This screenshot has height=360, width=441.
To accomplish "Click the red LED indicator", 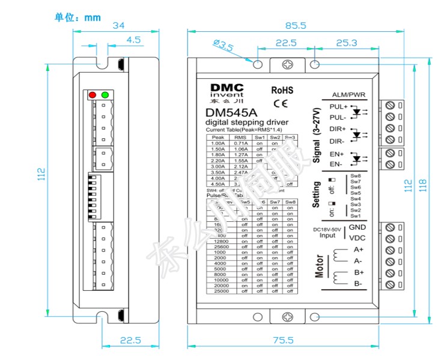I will click(93, 94).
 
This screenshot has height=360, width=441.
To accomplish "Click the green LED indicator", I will click(105, 94).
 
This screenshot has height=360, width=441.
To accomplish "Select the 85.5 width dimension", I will click(296, 25).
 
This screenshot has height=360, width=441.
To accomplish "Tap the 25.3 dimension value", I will click(347, 43).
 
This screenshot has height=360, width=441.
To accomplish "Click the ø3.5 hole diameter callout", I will click(223, 45).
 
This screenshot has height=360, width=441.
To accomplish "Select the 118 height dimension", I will click(422, 182).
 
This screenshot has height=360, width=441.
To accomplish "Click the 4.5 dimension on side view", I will click(133, 40).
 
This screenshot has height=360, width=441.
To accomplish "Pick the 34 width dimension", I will click(118, 25).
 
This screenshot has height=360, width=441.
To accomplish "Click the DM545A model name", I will click(231, 112).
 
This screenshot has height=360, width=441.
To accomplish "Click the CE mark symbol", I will click(281, 103).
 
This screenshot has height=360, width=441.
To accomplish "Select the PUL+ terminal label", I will click(338, 106).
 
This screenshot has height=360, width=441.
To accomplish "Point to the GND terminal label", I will click(357, 227).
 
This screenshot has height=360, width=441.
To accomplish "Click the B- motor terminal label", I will click(357, 283).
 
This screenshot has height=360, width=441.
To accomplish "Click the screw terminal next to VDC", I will click(391, 239).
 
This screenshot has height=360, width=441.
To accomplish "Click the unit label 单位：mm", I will click(78, 17).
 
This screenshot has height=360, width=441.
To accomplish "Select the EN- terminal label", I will click(336, 164).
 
